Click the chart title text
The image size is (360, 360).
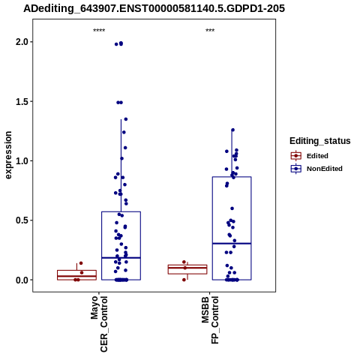154,8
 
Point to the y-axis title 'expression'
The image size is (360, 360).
8,155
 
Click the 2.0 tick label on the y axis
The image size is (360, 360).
22,42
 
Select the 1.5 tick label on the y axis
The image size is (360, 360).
22,101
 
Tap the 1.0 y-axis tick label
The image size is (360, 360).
22,160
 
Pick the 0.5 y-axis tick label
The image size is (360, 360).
22,220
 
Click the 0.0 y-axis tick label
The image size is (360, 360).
22,280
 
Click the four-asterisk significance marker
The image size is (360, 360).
99,31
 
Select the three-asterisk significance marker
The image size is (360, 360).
210,31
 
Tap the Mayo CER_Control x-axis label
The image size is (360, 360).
99,324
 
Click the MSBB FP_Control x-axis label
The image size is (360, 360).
210,320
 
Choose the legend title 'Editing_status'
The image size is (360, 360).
320,141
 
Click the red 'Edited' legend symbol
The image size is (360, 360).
296,156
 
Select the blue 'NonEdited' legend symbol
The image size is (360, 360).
296,169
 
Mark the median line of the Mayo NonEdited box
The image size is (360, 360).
121,258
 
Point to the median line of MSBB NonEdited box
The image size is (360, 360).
232,243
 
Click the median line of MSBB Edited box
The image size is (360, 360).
187,268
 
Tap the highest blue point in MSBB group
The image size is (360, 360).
232,130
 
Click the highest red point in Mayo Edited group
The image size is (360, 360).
81,263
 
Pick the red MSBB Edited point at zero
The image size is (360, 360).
184,280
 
